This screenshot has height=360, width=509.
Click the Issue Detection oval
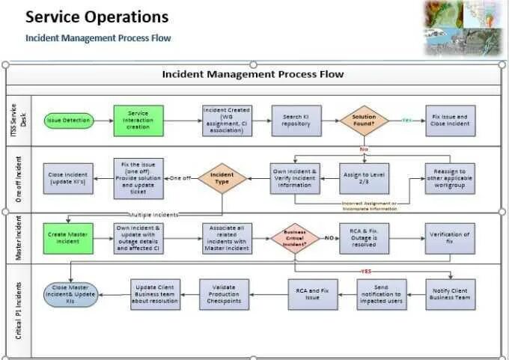(x=68, y=120)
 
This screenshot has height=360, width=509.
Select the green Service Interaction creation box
(x=138, y=120)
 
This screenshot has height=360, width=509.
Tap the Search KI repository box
(x=296, y=120)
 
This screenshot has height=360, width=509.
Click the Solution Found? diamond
(x=365, y=120)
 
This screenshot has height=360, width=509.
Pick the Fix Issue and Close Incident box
(x=450, y=120)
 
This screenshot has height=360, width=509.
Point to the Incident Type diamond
(x=222, y=178)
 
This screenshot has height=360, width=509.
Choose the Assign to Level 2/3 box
(x=365, y=178)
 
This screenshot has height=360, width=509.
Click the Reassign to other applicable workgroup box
(x=450, y=178)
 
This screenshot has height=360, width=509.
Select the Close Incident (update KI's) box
(x=68, y=178)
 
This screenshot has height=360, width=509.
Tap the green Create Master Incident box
(x=68, y=238)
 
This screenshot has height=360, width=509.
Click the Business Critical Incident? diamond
(x=295, y=238)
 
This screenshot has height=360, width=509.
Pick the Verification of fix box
(x=450, y=238)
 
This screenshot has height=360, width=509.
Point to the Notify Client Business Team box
(x=450, y=294)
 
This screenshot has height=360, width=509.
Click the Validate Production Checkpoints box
(x=225, y=294)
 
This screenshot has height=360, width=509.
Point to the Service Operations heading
(x=97, y=16)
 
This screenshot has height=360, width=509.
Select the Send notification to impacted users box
(x=382, y=294)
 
